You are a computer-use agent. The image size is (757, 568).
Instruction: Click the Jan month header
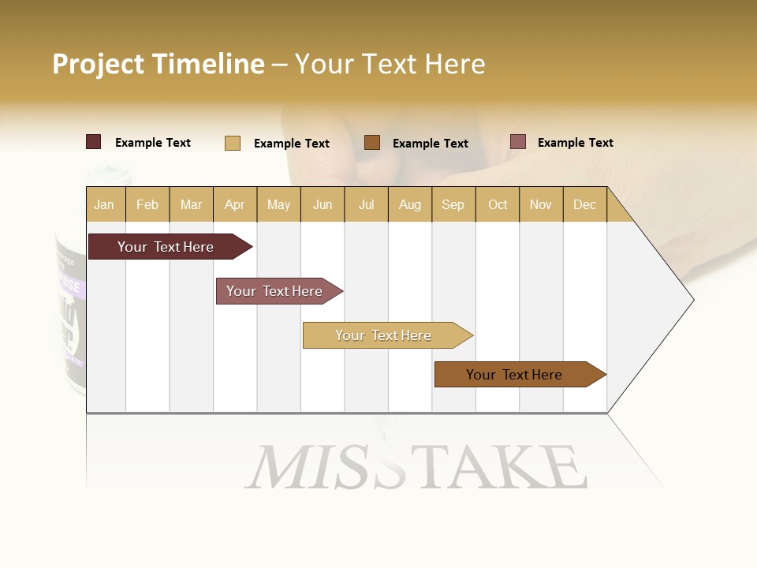click(x=105, y=204)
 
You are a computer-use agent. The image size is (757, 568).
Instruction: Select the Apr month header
click(x=235, y=204)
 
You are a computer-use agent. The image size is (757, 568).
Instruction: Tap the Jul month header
click(x=366, y=204)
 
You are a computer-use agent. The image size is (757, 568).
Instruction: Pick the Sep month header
click(x=453, y=204)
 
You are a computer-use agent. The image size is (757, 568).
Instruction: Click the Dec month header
click(x=584, y=204)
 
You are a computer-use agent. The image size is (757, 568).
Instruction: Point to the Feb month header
click(x=147, y=204)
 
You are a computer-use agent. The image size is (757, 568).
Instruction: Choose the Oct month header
click(x=497, y=204)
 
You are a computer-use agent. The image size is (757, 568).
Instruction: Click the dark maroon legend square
click(x=94, y=142)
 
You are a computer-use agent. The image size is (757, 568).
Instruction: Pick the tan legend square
click(x=233, y=143)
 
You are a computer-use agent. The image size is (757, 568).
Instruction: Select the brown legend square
click(x=372, y=143)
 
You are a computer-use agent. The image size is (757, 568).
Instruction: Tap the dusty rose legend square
click(x=517, y=142)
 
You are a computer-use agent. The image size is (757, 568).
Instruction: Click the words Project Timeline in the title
click(x=158, y=64)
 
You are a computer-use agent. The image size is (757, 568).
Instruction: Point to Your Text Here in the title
click(x=390, y=64)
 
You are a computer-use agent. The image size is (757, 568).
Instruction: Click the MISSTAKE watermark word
click(x=416, y=467)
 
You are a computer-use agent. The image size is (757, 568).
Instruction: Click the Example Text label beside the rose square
click(x=575, y=143)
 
